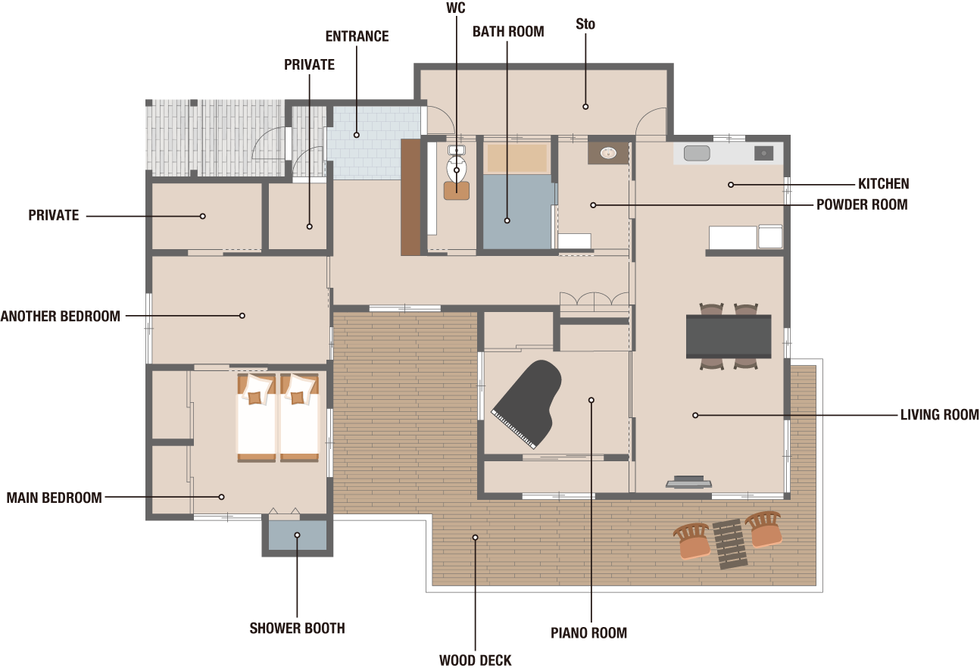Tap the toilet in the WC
pos(457,164)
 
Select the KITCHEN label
pos(883,184)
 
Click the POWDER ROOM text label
pos(862,204)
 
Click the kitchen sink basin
pos(697,153)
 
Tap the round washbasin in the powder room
pos(608,153)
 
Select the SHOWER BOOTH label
pos(297,628)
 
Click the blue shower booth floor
pos(297,535)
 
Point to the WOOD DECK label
pos(475,660)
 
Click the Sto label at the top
pos(585,24)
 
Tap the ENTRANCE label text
pos(357,36)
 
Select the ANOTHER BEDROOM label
pos(61,317)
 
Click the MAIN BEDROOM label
pos(54,498)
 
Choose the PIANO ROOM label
pos(588,633)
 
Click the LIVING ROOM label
pos(939,415)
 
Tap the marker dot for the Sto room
pos(585,107)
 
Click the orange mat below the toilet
pos(457,191)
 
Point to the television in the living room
pos(688,482)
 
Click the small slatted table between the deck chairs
pos(729,545)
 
